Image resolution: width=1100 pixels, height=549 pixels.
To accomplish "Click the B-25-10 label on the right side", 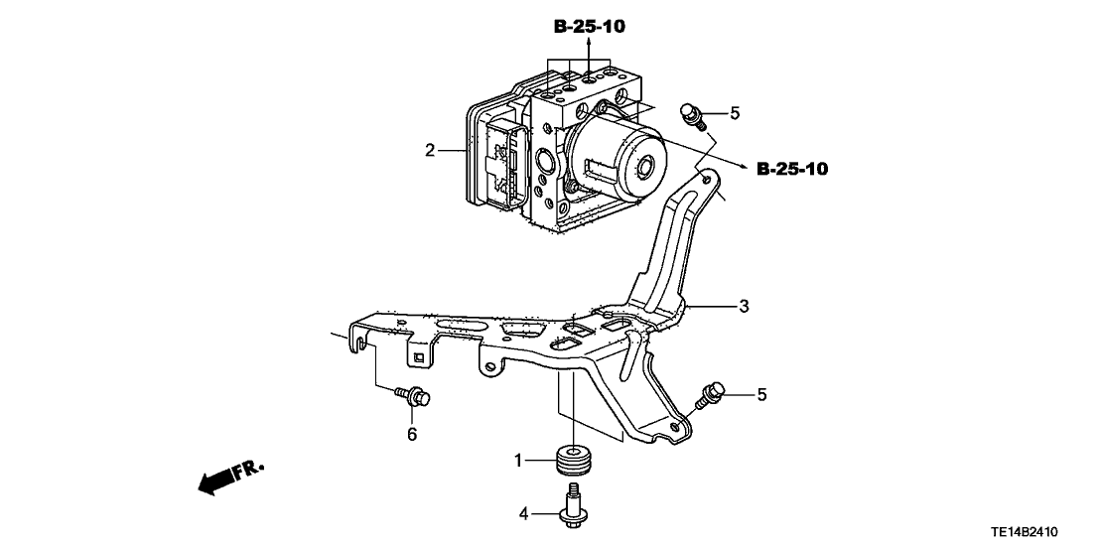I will point(791,170).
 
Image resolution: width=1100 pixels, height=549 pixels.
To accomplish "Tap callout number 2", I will point(430,151).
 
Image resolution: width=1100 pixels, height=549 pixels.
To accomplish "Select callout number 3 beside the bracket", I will point(744,306).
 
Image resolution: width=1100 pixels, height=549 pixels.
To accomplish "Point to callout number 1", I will point(517,460).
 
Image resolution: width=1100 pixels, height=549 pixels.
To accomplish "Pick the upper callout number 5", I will point(735,113).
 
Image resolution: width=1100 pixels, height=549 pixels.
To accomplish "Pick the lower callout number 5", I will point(761,394).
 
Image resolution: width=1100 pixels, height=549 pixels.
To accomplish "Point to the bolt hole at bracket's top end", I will point(704,180).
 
